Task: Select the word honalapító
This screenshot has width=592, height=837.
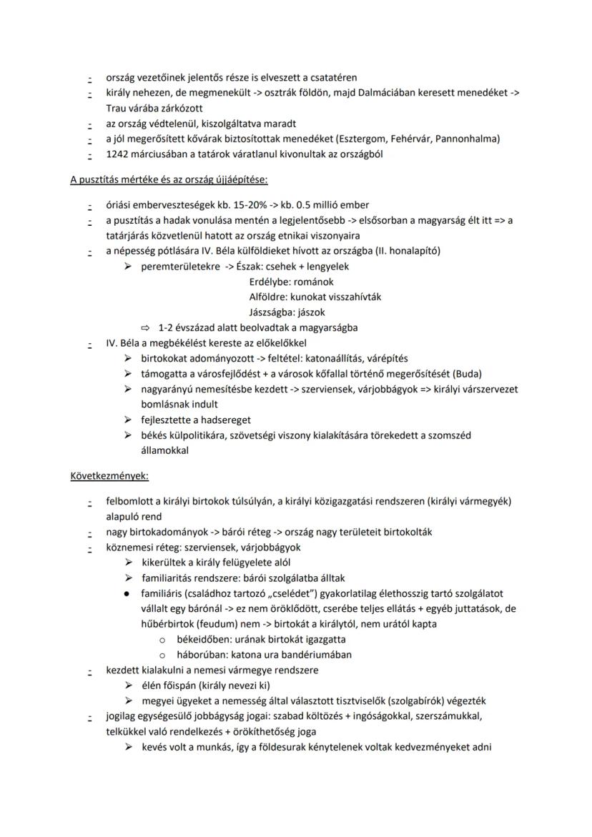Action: pos(408,251)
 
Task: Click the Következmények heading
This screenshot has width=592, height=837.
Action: pos(109,475)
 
